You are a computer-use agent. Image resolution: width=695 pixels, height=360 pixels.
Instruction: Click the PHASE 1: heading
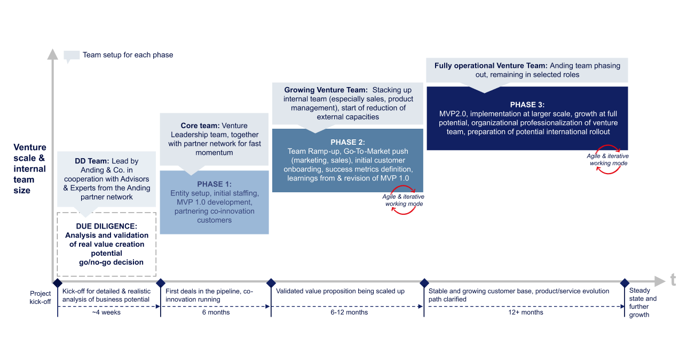tap(214, 184)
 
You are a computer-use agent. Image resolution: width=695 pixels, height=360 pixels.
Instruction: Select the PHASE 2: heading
tap(347, 142)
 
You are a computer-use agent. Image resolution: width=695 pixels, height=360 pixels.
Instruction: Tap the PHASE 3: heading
tap(527, 105)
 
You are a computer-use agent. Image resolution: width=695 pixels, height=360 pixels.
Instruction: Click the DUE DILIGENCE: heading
tap(106, 226)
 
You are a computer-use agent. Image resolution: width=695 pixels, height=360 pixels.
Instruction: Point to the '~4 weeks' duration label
tap(106, 312)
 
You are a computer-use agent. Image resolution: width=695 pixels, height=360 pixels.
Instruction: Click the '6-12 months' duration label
tap(349, 312)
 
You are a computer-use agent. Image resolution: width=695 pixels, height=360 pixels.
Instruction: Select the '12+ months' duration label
tap(525, 312)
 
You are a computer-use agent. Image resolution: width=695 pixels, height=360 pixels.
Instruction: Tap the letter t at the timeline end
tap(673, 279)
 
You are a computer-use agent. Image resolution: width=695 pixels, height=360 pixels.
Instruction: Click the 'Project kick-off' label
tap(41, 298)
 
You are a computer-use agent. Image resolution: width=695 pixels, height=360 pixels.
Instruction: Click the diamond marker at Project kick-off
tap(58, 282)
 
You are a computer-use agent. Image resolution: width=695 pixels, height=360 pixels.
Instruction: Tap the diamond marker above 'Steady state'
tap(625, 282)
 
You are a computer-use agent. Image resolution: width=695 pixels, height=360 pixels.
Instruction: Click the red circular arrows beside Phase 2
tap(404, 200)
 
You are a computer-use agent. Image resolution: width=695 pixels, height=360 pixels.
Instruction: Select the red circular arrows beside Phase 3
tap(608, 159)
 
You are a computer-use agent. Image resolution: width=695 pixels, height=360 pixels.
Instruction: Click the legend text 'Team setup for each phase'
tap(128, 55)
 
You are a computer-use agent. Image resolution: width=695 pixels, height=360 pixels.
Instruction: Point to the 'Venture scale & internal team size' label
tap(30, 169)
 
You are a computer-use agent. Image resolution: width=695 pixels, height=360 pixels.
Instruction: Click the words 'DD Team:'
tap(92, 161)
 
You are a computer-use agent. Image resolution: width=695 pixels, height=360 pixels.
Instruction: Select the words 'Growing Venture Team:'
tap(326, 90)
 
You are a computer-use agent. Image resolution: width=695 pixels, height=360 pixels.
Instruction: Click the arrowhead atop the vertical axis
tap(52, 53)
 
